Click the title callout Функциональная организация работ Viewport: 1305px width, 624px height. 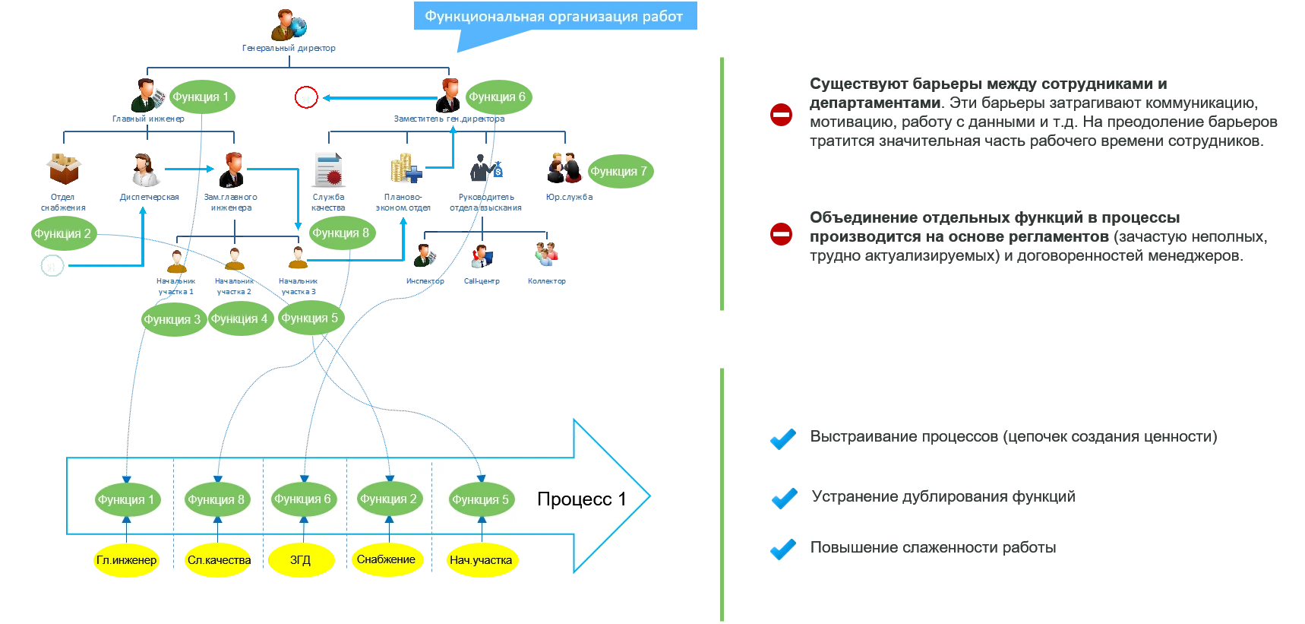point(554,16)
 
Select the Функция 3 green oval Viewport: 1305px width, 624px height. point(172,319)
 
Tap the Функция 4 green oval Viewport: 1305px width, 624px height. point(239,319)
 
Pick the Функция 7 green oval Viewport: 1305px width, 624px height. point(618,172)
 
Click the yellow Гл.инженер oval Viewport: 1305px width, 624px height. point(126,560)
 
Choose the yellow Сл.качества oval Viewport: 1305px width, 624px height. point(219,560)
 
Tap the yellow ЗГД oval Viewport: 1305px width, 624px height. point(301,560)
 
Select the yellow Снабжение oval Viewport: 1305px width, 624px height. point(386,559)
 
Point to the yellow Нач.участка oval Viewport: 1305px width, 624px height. point(481,560)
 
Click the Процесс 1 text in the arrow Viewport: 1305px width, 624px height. point(581,499)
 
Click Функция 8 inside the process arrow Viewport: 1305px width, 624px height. point(216,499)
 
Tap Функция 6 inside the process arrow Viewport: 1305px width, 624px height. point(302,499)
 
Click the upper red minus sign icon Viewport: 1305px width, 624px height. point(781,116)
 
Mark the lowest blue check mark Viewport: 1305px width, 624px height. point(782,548)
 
